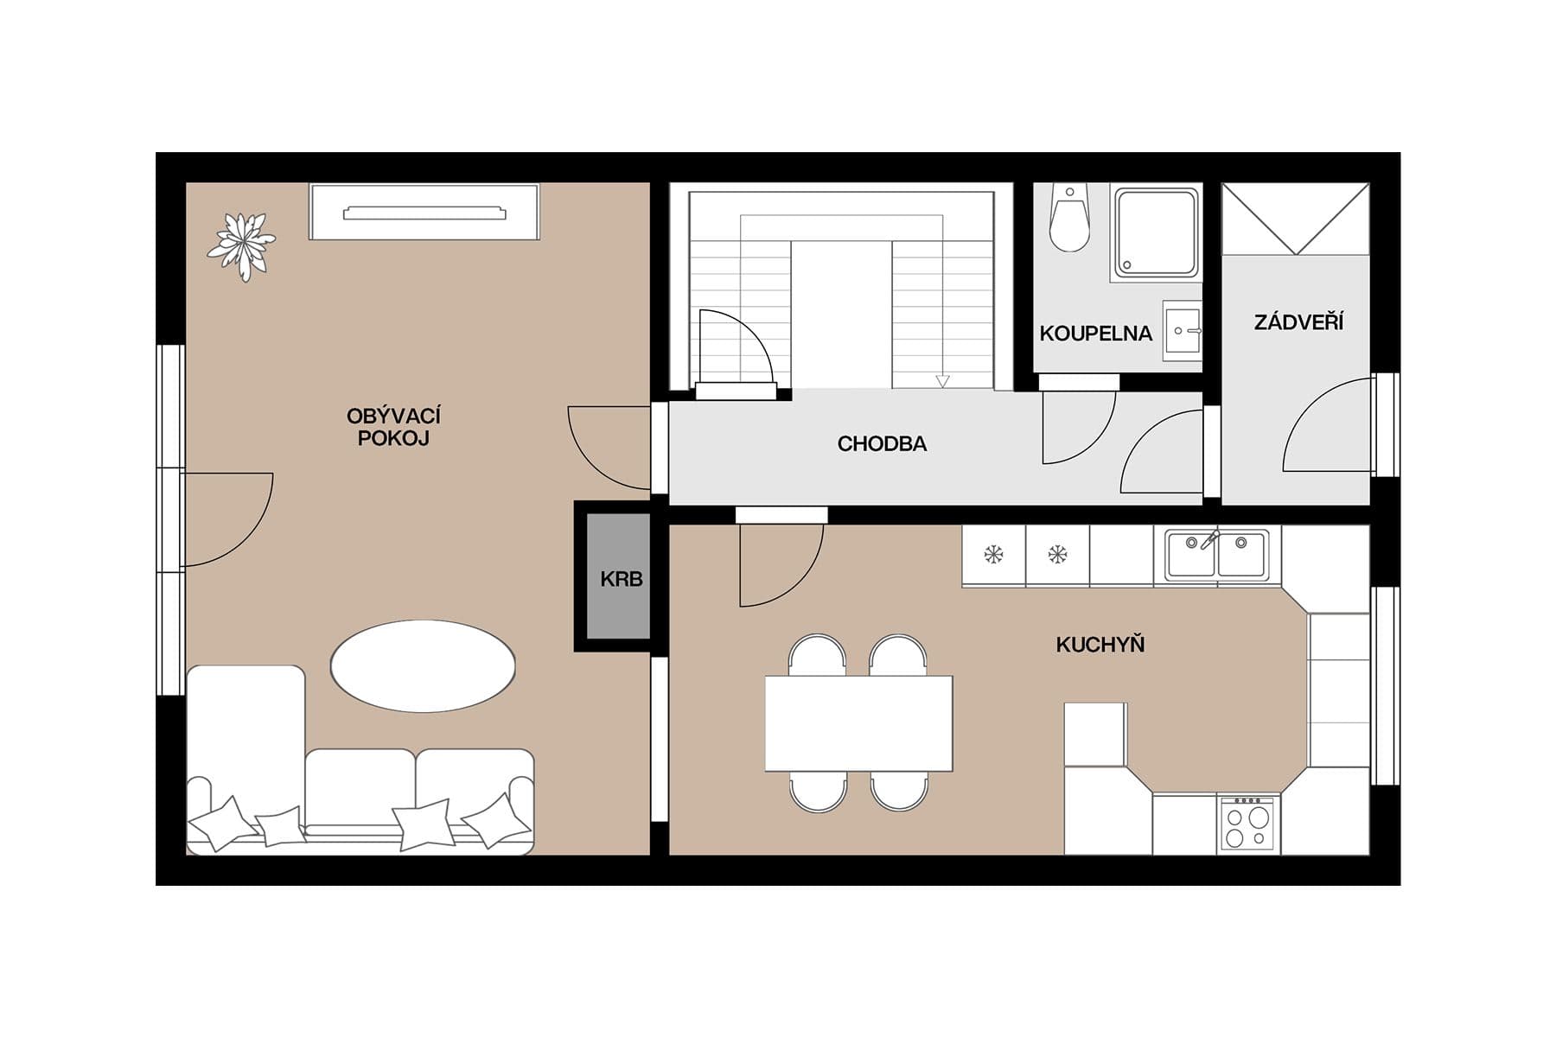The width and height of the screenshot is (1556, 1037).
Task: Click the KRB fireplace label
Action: (621, 579)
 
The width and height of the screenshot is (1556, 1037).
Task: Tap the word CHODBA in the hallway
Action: (882, 444)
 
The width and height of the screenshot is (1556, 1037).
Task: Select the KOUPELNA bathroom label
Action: (1095, 334)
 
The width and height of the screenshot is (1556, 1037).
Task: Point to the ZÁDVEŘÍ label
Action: (1298, 323)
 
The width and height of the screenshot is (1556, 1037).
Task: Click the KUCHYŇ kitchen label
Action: (1100, 645)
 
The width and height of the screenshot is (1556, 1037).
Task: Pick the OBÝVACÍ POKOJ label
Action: (393, 427)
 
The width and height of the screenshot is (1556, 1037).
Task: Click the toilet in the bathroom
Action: (1069, 220)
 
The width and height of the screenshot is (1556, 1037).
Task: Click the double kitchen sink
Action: (1216, 554)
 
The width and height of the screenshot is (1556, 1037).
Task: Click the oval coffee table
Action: (423, 666)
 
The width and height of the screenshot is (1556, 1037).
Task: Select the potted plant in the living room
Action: (241, 245)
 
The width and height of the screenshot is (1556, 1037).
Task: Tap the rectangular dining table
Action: (858, 723)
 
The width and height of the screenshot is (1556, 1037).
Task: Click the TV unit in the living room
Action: (424, 213)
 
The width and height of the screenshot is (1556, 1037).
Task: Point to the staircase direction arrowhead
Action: (942, 381)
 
